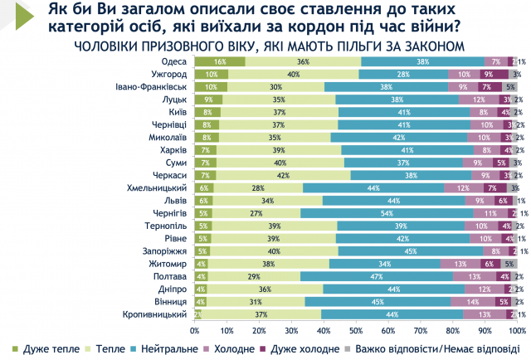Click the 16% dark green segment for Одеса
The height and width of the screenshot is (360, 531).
pyautogui.click(x=220, y=61)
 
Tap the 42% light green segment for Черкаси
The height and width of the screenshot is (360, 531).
pyautogui.click(x=283, y=175)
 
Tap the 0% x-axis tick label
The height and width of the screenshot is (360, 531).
pyautogui.click(x=195, y=329)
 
